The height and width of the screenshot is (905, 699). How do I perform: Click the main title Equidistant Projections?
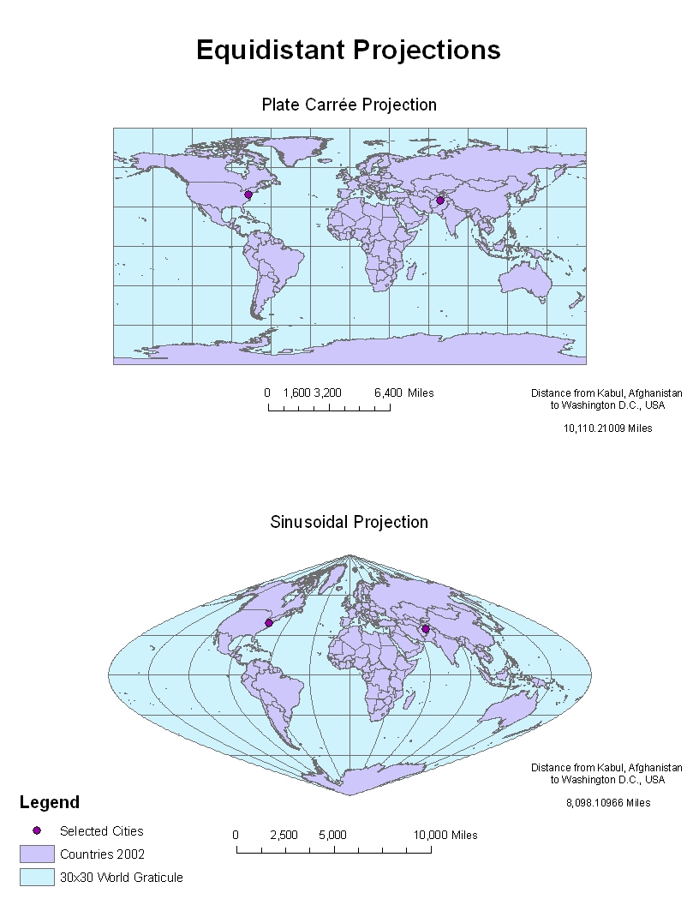[x=348, y=50]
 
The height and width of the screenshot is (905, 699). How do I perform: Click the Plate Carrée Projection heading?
[x=349, y=105]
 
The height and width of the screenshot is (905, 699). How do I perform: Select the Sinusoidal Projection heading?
[x=349, y=522]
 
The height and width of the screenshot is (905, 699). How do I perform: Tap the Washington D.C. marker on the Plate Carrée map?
[x=248, y=195]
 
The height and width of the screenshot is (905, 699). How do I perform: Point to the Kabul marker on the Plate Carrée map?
[x=440, y=201]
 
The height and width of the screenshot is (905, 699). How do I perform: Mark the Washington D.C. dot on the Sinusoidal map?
[x=268, y=623]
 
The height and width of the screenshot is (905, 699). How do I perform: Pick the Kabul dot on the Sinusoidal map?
[x=426, y=629]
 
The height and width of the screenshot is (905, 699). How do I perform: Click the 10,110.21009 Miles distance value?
[x=606, y=429]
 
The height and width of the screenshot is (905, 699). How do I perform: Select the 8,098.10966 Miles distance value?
[x=607, y=803]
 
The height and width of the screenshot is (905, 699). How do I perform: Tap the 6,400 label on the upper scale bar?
[x=388, y=393]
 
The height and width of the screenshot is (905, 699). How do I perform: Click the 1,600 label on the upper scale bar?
[x=296, y=393]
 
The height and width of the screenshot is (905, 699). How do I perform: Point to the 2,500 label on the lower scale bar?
[x=284, y=835]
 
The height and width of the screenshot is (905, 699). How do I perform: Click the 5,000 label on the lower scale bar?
[x=332, y=835]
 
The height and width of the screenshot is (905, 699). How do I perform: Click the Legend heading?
[x=49, y=802]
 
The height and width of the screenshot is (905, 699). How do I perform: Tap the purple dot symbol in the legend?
[x=37, y=831]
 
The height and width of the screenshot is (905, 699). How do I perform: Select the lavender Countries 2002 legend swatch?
[x=37, y=854]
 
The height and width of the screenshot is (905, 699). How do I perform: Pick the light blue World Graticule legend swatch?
[x=37, y=877]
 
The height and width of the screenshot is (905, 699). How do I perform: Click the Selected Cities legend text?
[x=102, y=831]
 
